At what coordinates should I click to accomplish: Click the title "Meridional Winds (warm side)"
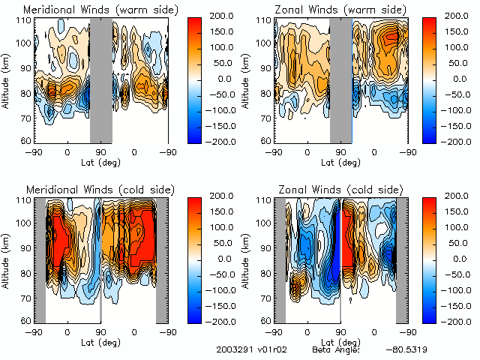pyautogui.click(x=91, y=10)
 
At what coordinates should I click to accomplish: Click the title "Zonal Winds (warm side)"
pyautogui.click(x=331, y=10)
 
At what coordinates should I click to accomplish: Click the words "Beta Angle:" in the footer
pyautogui.click(x=336, y=350)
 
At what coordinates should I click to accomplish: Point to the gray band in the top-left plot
pyautogui.click(x=100, y=79)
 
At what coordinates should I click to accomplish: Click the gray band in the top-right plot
pyautogui.click(x=340, y=79)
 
